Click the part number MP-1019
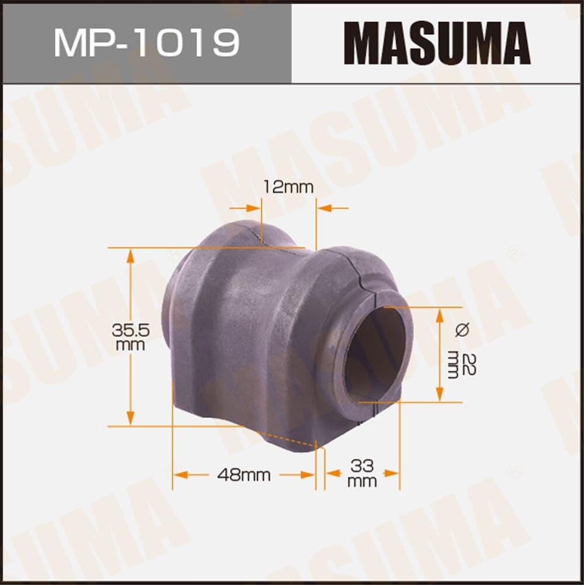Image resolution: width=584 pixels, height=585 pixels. [x=146, y=42]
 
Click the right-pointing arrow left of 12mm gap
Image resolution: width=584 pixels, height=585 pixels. [x=253, y=208]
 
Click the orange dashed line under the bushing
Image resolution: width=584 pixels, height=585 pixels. [x=287, y=439]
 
